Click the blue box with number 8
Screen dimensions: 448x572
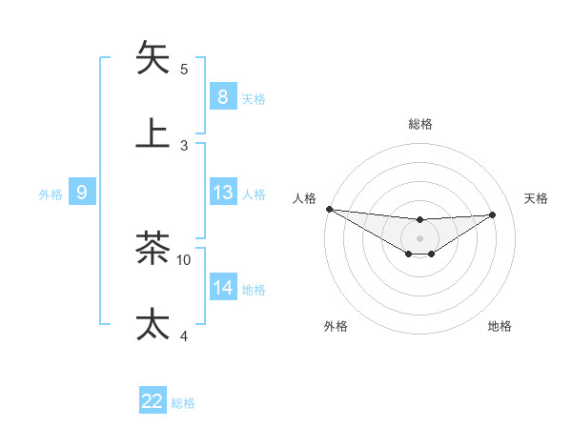[x=222, y=96]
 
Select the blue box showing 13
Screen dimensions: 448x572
[x=222, y=193]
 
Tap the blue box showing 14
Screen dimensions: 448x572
[x=222, y=288]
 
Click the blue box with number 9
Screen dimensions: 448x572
[x=82, y=193]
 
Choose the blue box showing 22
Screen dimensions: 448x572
[x=153, y=401]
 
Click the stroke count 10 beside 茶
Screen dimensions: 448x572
[x=184, y=259]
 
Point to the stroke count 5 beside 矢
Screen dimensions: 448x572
[x=184, y=69]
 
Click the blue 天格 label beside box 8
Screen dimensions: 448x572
[x=254, y=98]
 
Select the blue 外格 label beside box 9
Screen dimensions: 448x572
[x=51, y=194]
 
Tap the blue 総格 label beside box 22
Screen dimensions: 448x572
[x=183, y=403]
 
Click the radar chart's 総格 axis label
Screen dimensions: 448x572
[x=419, y=124]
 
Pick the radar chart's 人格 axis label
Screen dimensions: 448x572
[x=304, y=198]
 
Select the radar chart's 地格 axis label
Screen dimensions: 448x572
[x=500, y=326]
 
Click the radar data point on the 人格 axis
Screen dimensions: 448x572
[x=329, y=209]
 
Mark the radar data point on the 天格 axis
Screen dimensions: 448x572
[x=492, y=214]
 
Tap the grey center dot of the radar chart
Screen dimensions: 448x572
[x=419, y=238]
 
